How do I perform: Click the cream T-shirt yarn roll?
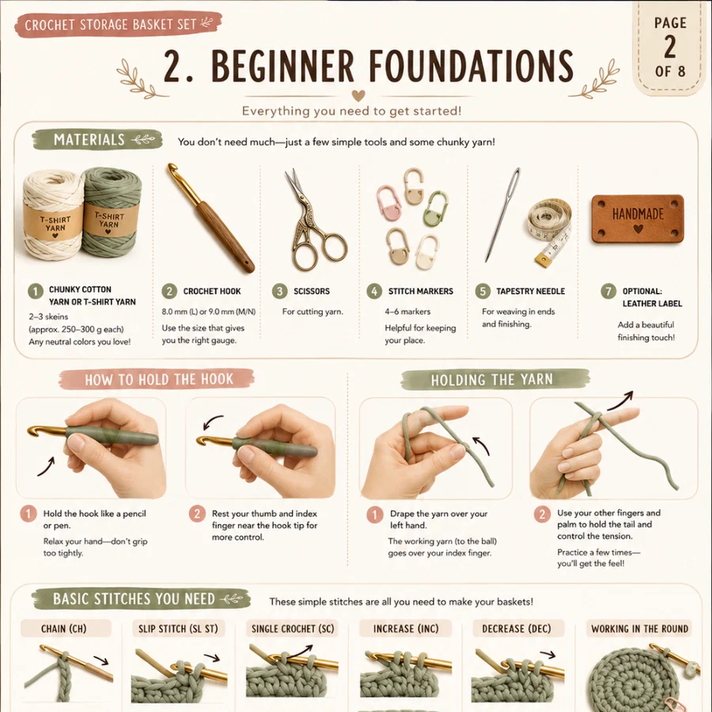(x=55, y=216)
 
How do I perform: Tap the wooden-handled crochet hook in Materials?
(x=210, y=218)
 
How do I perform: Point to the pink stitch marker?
(x=388, y=202)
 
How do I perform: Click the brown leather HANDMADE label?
(x=638, y=219)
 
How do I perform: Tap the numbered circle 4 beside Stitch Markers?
(x=374, y=291)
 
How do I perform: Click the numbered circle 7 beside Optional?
(x=608, y=291)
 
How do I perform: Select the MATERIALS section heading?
(x=97, y=139)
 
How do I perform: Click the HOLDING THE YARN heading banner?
(x=495, y=380)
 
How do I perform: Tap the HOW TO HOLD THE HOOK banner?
(x=157, y=379)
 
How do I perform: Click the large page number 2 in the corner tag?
(x=670, y=47)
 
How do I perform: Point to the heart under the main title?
(x=358, y=96)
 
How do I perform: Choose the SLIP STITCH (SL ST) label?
(x=178, y=628)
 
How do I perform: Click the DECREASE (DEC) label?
(x=517, y=628)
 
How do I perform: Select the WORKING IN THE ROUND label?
(x=639, y=628)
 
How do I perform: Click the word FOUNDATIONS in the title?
(x=471, y=66)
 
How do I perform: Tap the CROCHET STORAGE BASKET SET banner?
(x=118, y=25)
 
